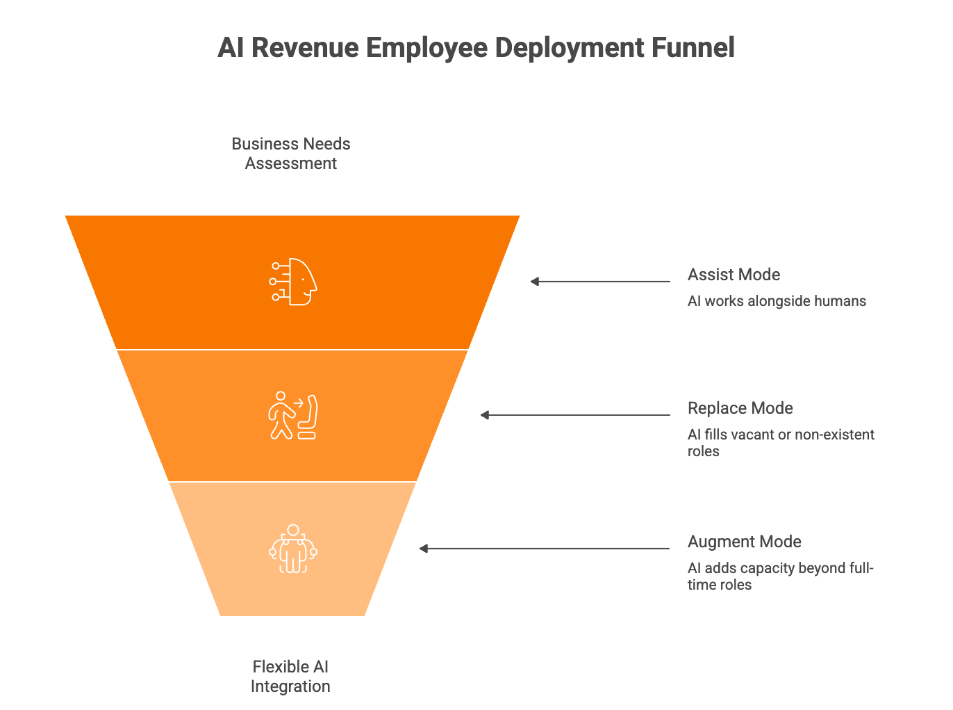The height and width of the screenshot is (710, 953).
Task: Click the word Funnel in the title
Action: [693, 48]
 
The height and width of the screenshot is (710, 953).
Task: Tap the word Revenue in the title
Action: [306, 48]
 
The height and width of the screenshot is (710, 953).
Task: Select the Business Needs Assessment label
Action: [291, 154]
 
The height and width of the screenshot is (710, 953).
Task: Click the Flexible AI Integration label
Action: [290, 677]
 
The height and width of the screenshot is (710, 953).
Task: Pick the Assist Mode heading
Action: [734, 275]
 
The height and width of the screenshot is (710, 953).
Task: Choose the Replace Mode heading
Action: [740, 408]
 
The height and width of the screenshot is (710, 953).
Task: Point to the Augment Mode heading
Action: [744, 542]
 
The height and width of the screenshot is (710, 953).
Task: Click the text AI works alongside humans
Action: [777, 301]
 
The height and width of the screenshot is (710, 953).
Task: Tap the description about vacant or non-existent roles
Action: [781, 443]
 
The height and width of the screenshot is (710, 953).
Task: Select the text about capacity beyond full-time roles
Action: [780, 576]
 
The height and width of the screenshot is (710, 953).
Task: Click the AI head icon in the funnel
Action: [293, 282]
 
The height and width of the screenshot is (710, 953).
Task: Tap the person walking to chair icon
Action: [292, 415]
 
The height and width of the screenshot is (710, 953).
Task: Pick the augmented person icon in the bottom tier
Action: [293, 549]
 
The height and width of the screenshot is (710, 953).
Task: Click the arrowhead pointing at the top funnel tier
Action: [535, 282]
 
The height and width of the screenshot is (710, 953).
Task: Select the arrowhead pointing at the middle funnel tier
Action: [485, 415]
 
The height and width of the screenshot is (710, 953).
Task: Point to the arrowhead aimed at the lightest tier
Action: [424, 549]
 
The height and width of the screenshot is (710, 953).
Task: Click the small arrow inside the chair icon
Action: [299, 402]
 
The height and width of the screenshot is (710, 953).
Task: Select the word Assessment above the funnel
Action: [291, 163]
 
